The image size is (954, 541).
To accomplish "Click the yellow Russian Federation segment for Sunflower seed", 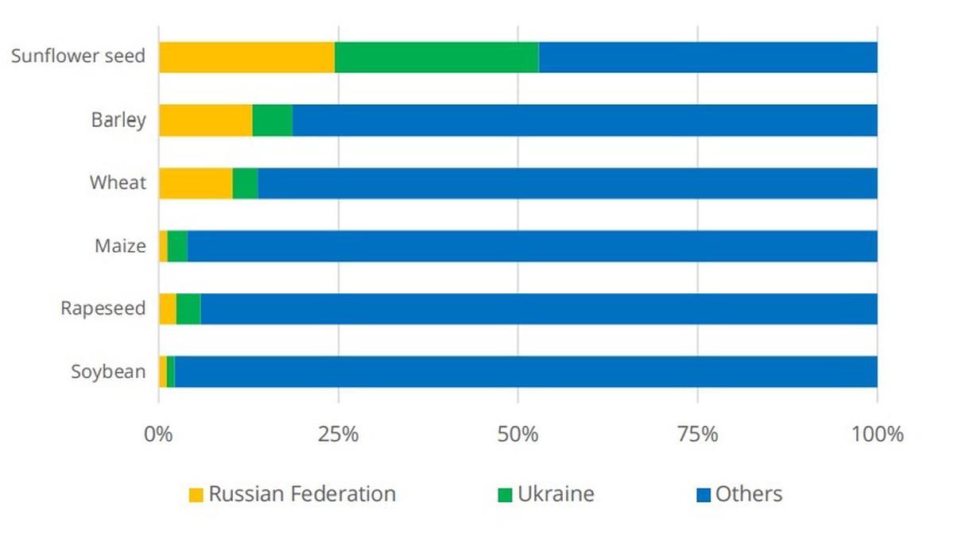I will click(x=246, y=57).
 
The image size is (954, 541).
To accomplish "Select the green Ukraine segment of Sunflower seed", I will click(x=436, y=57).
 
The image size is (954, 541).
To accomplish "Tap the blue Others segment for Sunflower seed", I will click(x=708, y=57).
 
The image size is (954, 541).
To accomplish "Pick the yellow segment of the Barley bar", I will click(x=205, y=120).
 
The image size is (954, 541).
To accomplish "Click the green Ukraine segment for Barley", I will click(x=272, y=120).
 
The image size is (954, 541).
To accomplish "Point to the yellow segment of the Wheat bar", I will click(x=196, y=183).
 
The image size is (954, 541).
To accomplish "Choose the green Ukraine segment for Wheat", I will click(x=245, y=183).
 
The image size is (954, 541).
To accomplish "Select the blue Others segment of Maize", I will click(x=533, y=245).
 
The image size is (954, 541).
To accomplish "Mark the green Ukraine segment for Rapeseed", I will click(x=188, y=308).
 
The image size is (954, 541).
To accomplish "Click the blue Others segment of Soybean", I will click(x=525, y=371).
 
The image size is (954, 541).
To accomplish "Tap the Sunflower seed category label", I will click(x=78, y=57).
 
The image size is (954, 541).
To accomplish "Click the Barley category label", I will click(x=118, y=120).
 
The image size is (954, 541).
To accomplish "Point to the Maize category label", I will click(x=120, y=245).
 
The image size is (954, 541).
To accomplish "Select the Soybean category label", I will click(x=108, y=371).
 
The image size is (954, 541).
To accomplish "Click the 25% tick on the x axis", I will click(x=338, y=435).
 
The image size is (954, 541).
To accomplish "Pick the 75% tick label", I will click(x=697, y=435).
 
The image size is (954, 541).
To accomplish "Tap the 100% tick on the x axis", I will click(x=877, y=435).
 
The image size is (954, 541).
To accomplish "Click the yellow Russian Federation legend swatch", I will click(x=196, y=495).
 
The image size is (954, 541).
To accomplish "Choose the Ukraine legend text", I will click(x=556, y=494).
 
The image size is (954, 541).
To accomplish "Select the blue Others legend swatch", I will click(x=703, y=495).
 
